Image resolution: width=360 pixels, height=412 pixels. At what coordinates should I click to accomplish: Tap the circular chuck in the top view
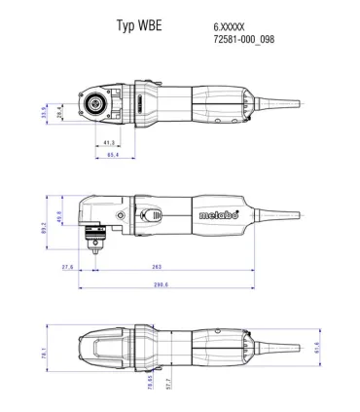point(98,100)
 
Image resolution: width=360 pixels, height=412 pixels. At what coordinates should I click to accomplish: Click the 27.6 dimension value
point(67,265)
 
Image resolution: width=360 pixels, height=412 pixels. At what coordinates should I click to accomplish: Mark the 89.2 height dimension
point(44,227)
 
